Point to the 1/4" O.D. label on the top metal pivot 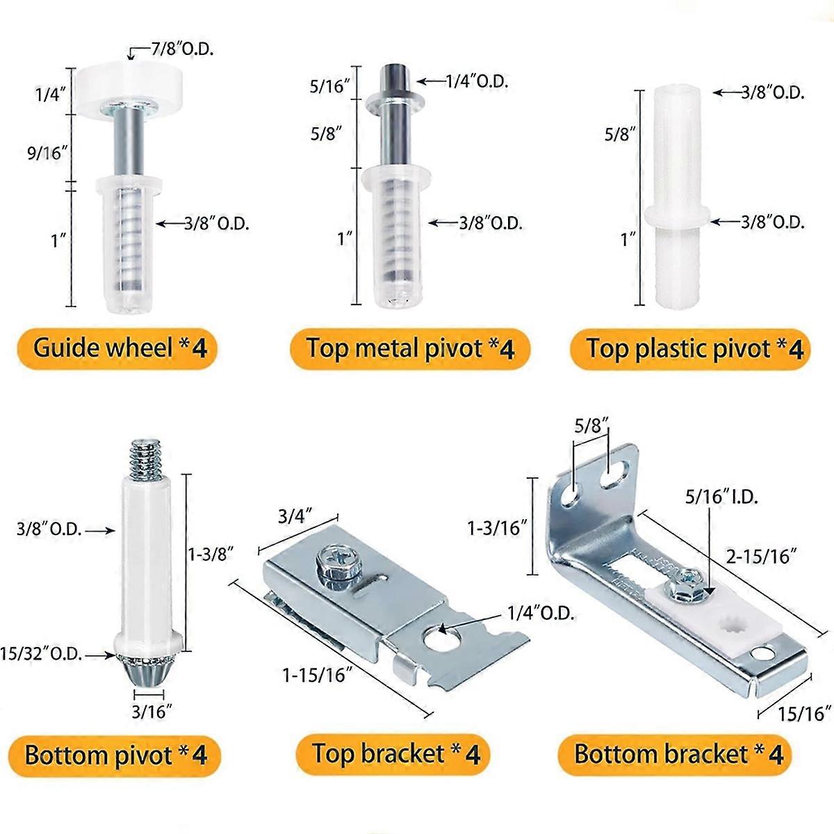(477, 81)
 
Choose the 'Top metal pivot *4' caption (410, 347)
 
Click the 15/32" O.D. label (49, 654)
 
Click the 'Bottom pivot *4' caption (116, 755)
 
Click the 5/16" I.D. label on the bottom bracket (721, 497)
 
